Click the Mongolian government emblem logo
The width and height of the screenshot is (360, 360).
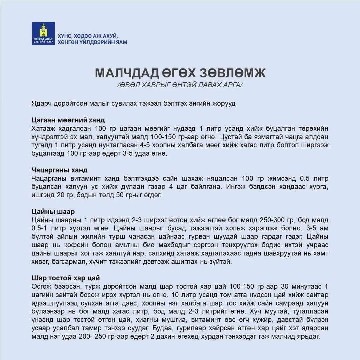click(43, 34)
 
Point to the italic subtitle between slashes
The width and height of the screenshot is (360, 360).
click(180, 85)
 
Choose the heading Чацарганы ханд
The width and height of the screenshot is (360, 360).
click(60, 170)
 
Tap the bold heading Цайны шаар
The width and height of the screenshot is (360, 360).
click(53, 212)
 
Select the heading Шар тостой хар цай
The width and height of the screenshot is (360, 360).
click(66, 278)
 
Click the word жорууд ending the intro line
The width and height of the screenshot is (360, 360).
click(224, 103)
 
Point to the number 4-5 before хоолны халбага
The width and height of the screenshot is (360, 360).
click(146, 145)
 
